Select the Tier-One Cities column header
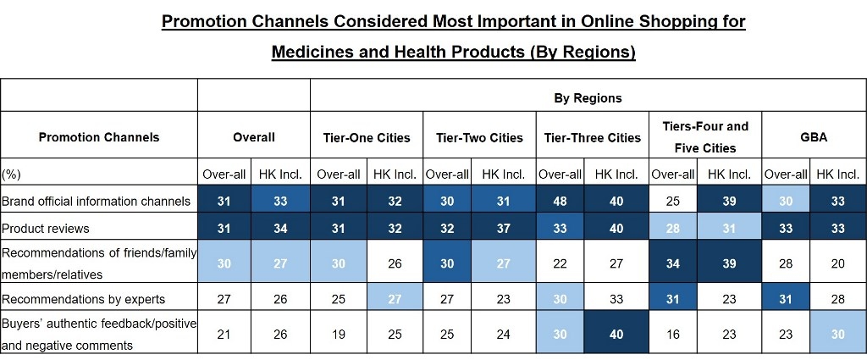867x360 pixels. coord(367,137)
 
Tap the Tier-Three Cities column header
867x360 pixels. coord(593,137)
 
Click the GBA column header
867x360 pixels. coord(813,136)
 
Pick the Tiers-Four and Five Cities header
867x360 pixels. coord(705,136)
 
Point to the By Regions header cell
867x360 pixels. coord(588,97)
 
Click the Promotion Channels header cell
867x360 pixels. coord(99,136)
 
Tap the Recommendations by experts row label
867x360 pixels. coord(83,299)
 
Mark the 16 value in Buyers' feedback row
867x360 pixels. coord(673,335)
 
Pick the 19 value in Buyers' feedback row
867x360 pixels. coord(338,335)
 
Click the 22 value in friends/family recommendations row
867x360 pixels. coord(560,263)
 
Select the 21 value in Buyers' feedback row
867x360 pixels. coord(224,335)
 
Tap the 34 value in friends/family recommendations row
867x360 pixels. coord(673,263)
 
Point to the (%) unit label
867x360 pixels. coord(11,174)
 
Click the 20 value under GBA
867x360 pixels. coord(837,263)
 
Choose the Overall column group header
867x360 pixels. coord(254,136)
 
